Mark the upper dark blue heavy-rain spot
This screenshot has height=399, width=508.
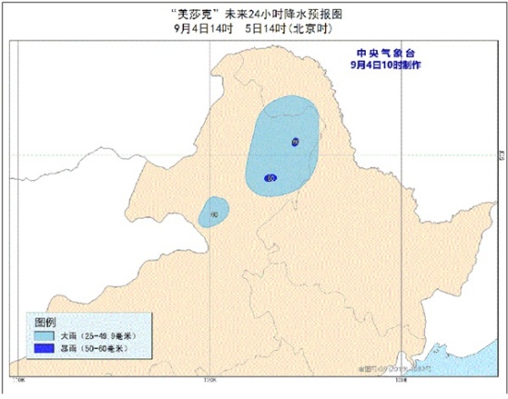coord(295,141)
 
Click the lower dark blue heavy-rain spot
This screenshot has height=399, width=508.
coord(269,178)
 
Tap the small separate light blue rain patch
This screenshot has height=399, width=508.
coord(214,212)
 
